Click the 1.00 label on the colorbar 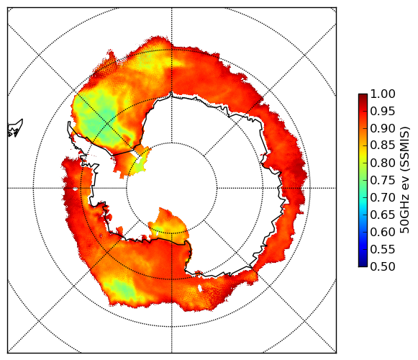383,94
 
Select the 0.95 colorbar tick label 383,112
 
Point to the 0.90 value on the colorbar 383,128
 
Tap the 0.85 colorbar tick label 383,145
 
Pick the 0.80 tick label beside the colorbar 383,163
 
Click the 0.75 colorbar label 383,181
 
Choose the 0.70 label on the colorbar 383,198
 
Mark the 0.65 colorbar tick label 383,215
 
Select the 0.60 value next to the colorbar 383,232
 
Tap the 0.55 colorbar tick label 383,250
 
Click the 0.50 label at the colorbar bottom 383,266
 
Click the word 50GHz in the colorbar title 404,217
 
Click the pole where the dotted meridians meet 172,188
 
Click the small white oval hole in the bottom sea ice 200,288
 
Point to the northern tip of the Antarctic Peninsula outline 69,122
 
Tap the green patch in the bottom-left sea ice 122,289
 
